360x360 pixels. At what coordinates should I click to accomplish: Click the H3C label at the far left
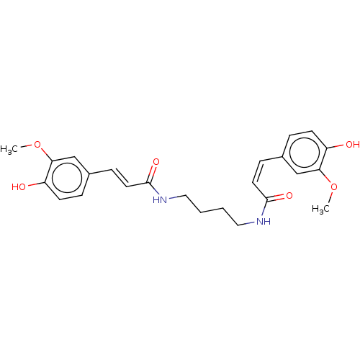pyautogui.click(x=9, y=150)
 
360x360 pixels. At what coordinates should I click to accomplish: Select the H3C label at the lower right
pyautogui.click(x=320, y=210)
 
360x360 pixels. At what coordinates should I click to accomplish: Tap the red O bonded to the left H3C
pyautogui.click(x=37, y=145)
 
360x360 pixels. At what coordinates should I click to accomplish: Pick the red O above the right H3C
pyautogui.click(x=333, y=186)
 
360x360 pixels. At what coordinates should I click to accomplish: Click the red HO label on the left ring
pyautogui.click(x=19, y=187)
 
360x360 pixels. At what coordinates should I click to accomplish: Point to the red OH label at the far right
pyautogui.click(x=353, y=144)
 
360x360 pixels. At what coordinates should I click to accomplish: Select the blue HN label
pyautogui.click(x=160, y=199)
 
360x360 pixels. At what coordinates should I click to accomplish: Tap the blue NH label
pyautogui.click(x=264, y=221)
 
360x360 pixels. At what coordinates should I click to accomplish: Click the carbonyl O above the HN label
pyautogui.click(x=156, y=162)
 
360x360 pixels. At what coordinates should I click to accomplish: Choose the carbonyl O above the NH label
pyautogui.click(x=289, y=196)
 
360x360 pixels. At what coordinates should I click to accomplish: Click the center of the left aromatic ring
pyautogui.click(x=67, y=178)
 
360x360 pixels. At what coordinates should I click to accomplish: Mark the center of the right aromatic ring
pyautogui.click(x=305, y=153)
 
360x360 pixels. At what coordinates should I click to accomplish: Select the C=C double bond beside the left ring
pyautogui.click(x=120, y=178)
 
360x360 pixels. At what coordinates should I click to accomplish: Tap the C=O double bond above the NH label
pyautogui.click(x=276, y=198)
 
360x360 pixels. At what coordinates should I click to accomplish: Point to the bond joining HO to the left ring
pyautogui.click(x=35, y=184)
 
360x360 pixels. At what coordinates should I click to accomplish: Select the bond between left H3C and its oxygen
pyautogui.click(x=26, y=145)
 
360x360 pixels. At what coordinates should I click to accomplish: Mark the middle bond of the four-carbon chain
pyautogui.click(x=212, y=210)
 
